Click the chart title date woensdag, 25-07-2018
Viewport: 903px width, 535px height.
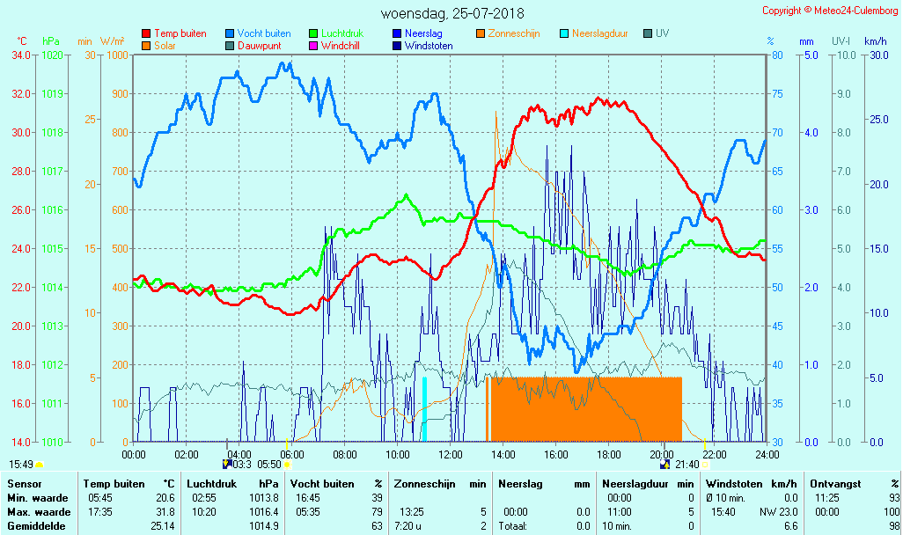pos(452,13)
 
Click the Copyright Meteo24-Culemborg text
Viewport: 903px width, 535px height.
pos(830,11)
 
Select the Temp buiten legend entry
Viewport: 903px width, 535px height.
pos(180,33)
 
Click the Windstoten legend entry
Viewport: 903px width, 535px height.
pos(429,45)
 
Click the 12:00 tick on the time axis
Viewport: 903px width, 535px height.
pos(451,454)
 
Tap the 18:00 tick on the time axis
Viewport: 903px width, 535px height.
pos(609,454)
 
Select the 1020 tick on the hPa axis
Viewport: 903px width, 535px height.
pos(52,55)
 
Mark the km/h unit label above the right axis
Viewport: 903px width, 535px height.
pos(875,41)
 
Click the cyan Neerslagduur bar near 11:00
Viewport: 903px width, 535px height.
pos(424,409)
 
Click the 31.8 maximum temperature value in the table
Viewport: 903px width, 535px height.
pos(161,511)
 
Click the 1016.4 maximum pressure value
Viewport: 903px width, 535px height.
pos(264,511)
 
